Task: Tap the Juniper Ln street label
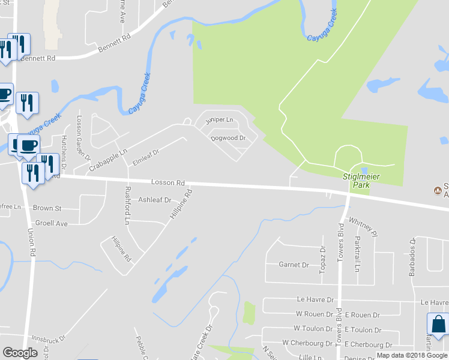(x=218, y=120)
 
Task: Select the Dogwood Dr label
(x=229, y=138)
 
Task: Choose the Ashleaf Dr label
(x=154, y=200)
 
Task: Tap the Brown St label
(x=47, y=208)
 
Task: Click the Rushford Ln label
(x=127, y=205)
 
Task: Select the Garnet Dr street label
(x=294, y=265)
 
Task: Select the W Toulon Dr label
(x=313, y=329)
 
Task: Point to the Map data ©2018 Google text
(x=411, y=355)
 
